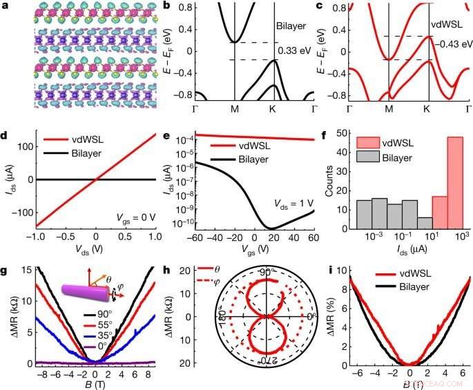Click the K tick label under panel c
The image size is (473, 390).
pos(429,110)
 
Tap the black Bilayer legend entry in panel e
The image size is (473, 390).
pos(257,157)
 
